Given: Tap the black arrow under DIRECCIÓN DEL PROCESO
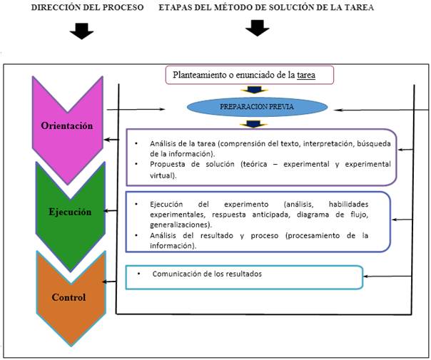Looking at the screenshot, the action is (x=83, y=31).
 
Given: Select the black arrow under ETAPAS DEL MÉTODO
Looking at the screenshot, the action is (x=256, y=29).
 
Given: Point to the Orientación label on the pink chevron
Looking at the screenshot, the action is (x=68, y=125).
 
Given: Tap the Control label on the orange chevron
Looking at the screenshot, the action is (x=69, y=297).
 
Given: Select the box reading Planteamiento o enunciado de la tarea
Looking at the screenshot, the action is (x=250, y=75).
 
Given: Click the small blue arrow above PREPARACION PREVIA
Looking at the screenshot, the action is (x=254, y=91).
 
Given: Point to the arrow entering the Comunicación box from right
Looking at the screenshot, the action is (x=385, y=275).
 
